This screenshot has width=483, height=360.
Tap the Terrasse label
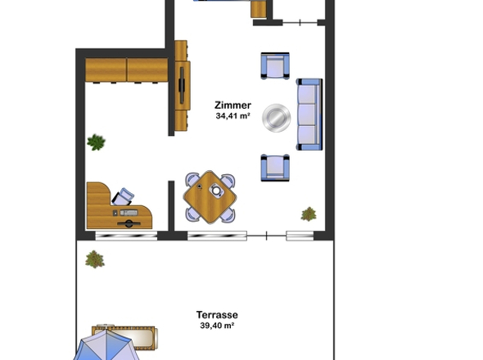point(217,314)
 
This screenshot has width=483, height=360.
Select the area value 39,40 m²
point(217,326)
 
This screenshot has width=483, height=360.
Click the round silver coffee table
point(275,118)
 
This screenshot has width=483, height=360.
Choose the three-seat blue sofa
point(309,115)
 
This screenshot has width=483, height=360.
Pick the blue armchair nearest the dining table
point(275,167)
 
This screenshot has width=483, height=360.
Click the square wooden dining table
point(210,196)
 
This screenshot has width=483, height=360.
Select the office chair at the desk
point(124,196)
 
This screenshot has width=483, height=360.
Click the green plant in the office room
point(97,142)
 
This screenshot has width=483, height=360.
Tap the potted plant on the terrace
point(95,259)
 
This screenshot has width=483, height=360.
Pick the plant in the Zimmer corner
point(309,214)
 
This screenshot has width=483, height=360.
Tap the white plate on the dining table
point(217,191)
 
